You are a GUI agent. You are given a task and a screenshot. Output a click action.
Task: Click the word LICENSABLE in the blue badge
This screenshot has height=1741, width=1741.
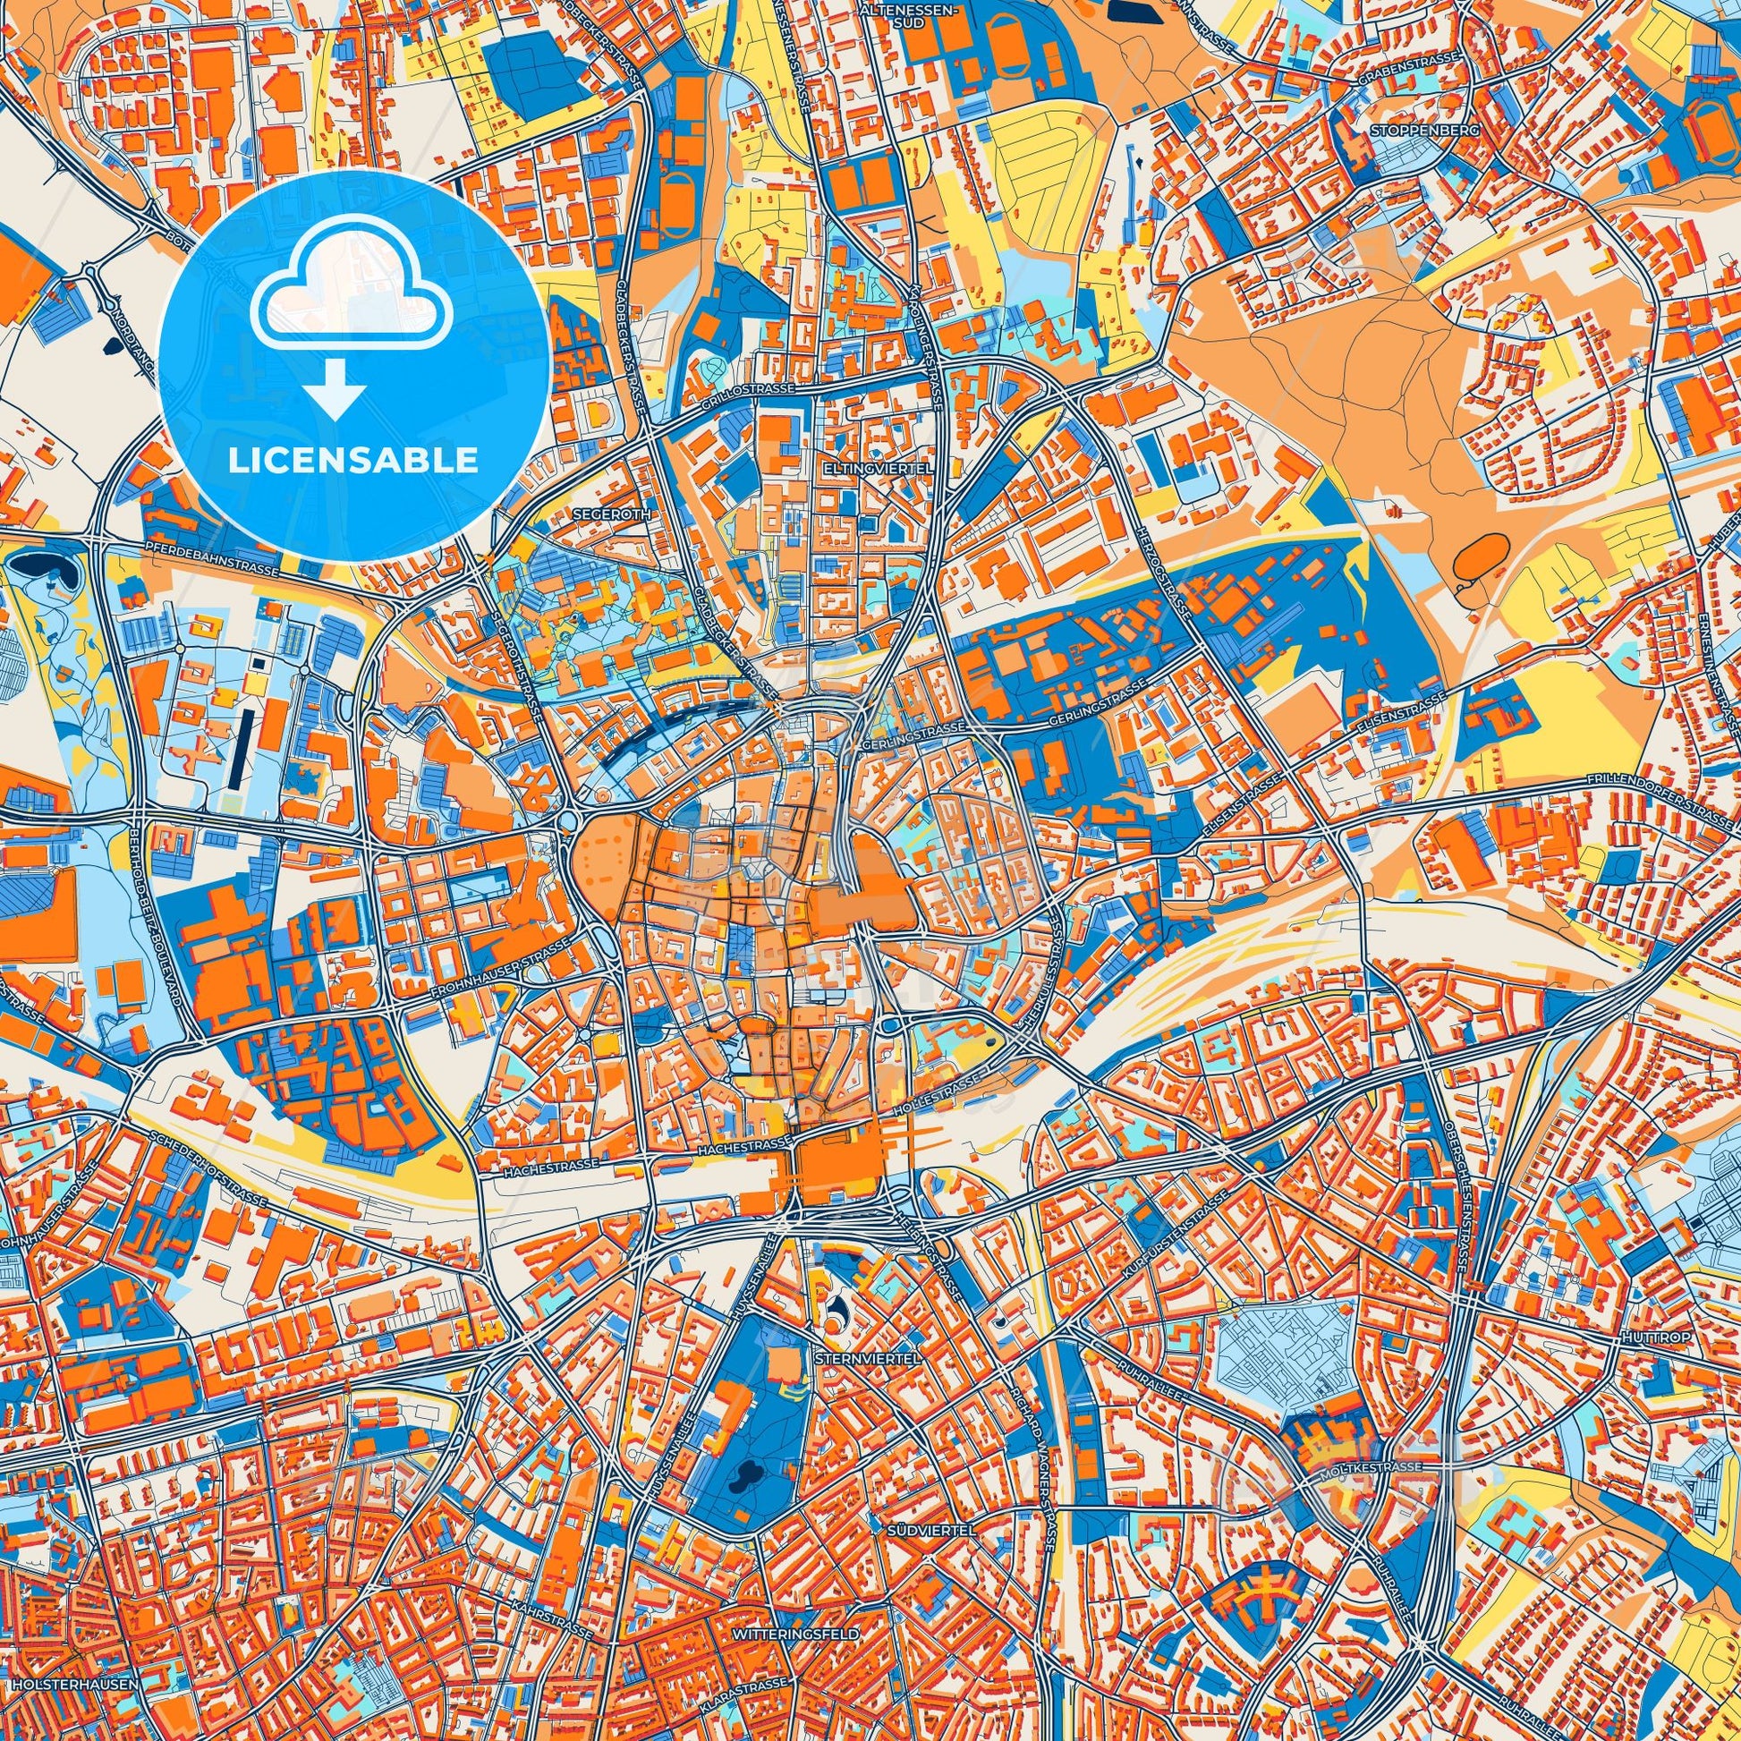click(353, 461)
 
